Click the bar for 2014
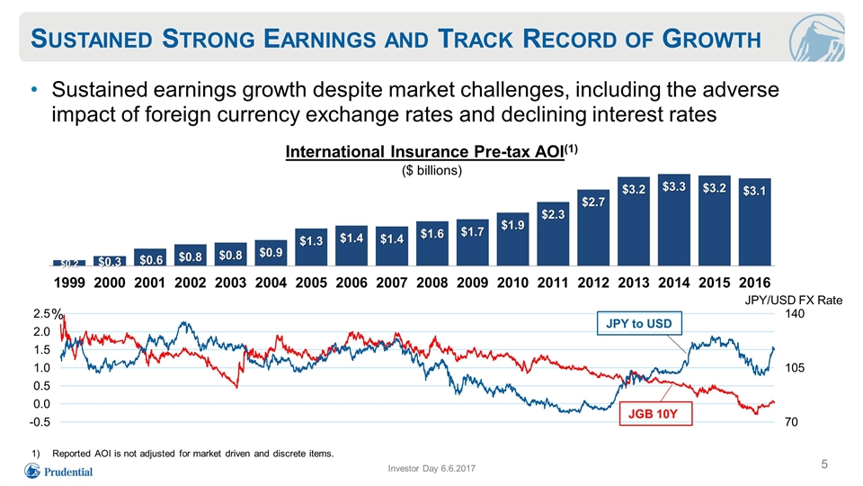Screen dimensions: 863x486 pos(673,220)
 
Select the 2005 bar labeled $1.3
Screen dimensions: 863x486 pos(311,247)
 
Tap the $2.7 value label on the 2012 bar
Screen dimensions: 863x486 pos(593,202)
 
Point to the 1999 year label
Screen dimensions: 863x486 pos(69,283)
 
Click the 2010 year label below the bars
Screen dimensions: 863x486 pos(512,283)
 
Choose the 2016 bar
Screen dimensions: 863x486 pos(754,222)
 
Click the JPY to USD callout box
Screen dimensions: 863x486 pos(639,323)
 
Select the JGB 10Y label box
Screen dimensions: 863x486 pos(655,414)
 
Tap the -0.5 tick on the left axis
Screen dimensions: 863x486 pos(41,422)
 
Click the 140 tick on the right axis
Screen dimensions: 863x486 pos(794,314)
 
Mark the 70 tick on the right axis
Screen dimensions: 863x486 pos(791,422)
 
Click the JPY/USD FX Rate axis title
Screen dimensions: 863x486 pos(794,300)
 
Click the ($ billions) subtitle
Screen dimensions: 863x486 pos(432,171)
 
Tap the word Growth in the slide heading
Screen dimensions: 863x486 pos(712,39)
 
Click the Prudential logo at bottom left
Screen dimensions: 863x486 pos(58,472)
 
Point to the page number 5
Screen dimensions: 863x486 pos(824,464)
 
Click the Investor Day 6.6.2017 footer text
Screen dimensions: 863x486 pos(431,468)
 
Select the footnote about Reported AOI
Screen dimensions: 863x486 pos(182,454)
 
